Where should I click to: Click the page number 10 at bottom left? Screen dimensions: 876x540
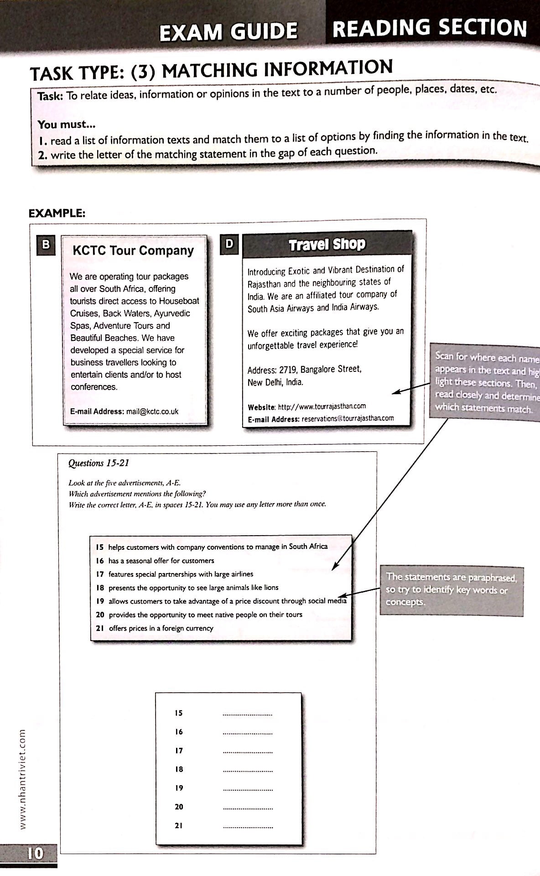35,853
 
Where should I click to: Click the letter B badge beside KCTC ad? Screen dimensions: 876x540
46,245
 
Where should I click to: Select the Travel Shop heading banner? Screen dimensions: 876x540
327,245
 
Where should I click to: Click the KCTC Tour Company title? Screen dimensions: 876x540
133,250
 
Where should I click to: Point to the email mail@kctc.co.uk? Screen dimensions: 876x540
152,412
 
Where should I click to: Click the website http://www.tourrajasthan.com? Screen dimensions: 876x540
322,406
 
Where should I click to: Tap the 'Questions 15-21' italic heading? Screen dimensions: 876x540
99,463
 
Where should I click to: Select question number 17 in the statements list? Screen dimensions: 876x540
100,574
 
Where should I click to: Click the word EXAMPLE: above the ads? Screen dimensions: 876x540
57,213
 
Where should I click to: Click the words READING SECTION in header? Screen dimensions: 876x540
430,28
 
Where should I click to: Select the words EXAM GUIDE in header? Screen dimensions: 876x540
228,31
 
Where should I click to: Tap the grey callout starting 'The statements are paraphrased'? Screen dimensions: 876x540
451,590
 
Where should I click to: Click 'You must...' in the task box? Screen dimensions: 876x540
67,124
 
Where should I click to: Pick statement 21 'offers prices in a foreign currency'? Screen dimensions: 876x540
161,628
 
